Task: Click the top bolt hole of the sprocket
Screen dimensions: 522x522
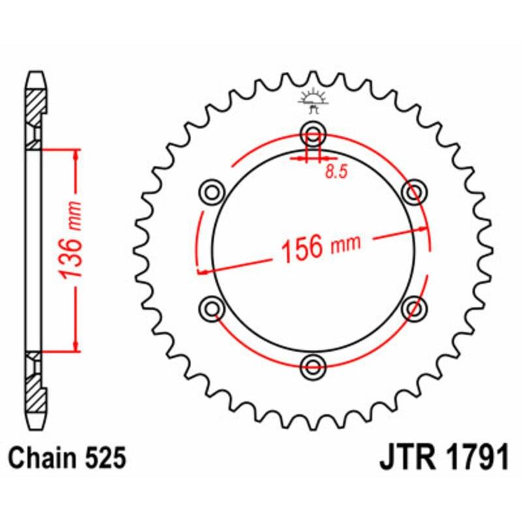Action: [x=314, y=136]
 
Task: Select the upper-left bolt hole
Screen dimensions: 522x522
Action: [x=211, y=192]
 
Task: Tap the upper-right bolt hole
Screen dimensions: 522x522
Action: [x=413, y=192]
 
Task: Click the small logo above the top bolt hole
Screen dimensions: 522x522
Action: [x=313, y=99]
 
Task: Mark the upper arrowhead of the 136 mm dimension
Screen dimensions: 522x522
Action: [x=76, y=154]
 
